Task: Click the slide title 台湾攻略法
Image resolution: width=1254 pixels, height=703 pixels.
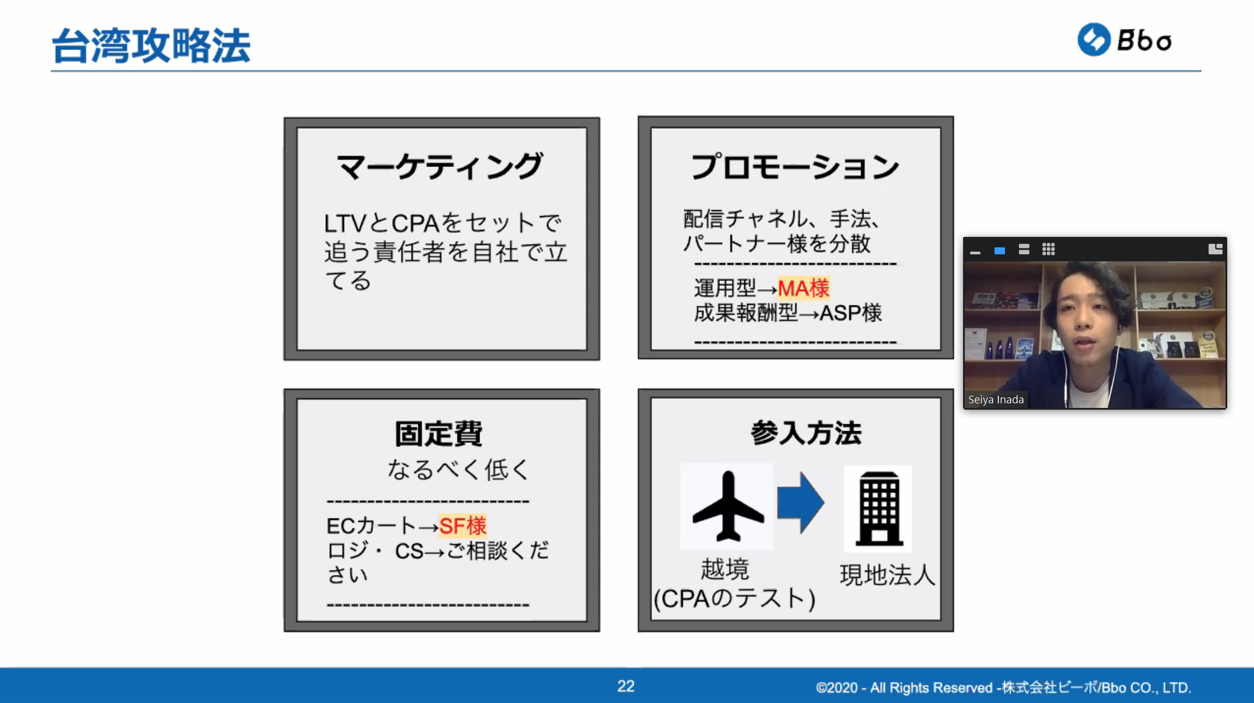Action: [151, 45]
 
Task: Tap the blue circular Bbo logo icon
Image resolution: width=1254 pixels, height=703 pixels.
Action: [1094, 40]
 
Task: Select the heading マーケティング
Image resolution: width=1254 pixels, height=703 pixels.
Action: [440, 166]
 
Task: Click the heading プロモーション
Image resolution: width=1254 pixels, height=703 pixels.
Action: [795, 166]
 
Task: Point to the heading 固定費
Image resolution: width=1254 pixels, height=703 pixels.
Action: [439, 434]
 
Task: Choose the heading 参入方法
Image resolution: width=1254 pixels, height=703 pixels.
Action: [806, 433]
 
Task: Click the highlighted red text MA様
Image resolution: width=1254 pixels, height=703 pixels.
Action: [804, 288]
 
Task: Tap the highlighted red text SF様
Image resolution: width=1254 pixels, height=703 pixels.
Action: [463, 526]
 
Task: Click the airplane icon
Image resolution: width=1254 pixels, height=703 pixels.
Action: [728, 506]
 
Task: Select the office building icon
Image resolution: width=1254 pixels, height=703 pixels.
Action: [879, 508]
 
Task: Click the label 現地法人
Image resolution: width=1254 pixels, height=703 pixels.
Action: [887, 575]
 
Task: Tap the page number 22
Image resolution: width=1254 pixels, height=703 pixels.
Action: [626, 686]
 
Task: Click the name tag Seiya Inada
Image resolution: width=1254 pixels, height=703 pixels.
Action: [996, 400]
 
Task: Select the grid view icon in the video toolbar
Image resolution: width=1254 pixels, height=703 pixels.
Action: [1049, 250]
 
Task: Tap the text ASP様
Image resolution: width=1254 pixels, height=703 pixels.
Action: [851, 313]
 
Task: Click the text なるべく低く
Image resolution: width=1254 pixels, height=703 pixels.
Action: [459, 469]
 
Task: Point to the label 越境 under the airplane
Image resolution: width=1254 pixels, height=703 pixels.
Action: [725, 569]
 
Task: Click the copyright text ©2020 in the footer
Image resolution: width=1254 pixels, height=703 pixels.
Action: [837, 687]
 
